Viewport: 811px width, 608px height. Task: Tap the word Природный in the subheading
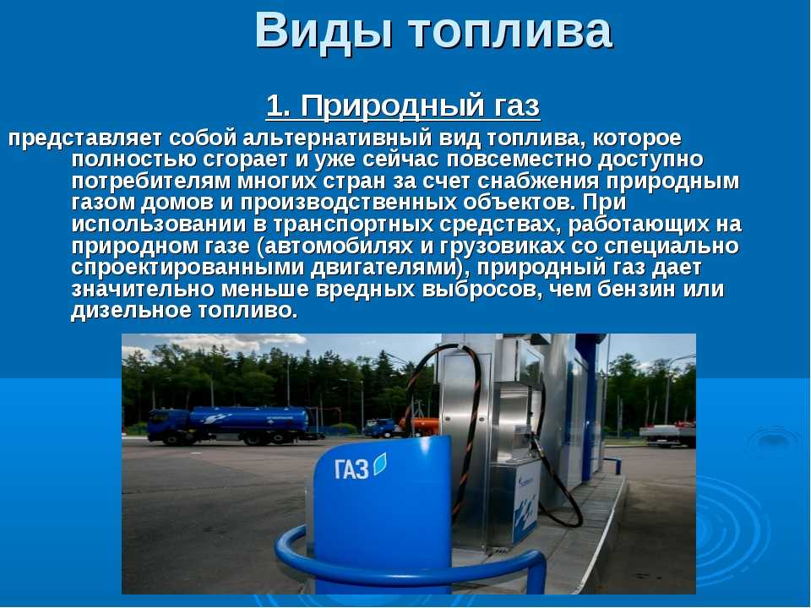tap(390, 107)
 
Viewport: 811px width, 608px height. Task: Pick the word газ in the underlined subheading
tap(513, 107)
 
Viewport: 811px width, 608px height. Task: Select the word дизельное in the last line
tap(131, 311)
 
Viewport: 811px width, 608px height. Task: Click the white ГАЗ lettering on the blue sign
tap(351, 469)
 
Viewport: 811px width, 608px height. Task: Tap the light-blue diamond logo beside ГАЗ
tap(379, 464)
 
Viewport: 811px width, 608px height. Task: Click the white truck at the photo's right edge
tap(667, 434)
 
